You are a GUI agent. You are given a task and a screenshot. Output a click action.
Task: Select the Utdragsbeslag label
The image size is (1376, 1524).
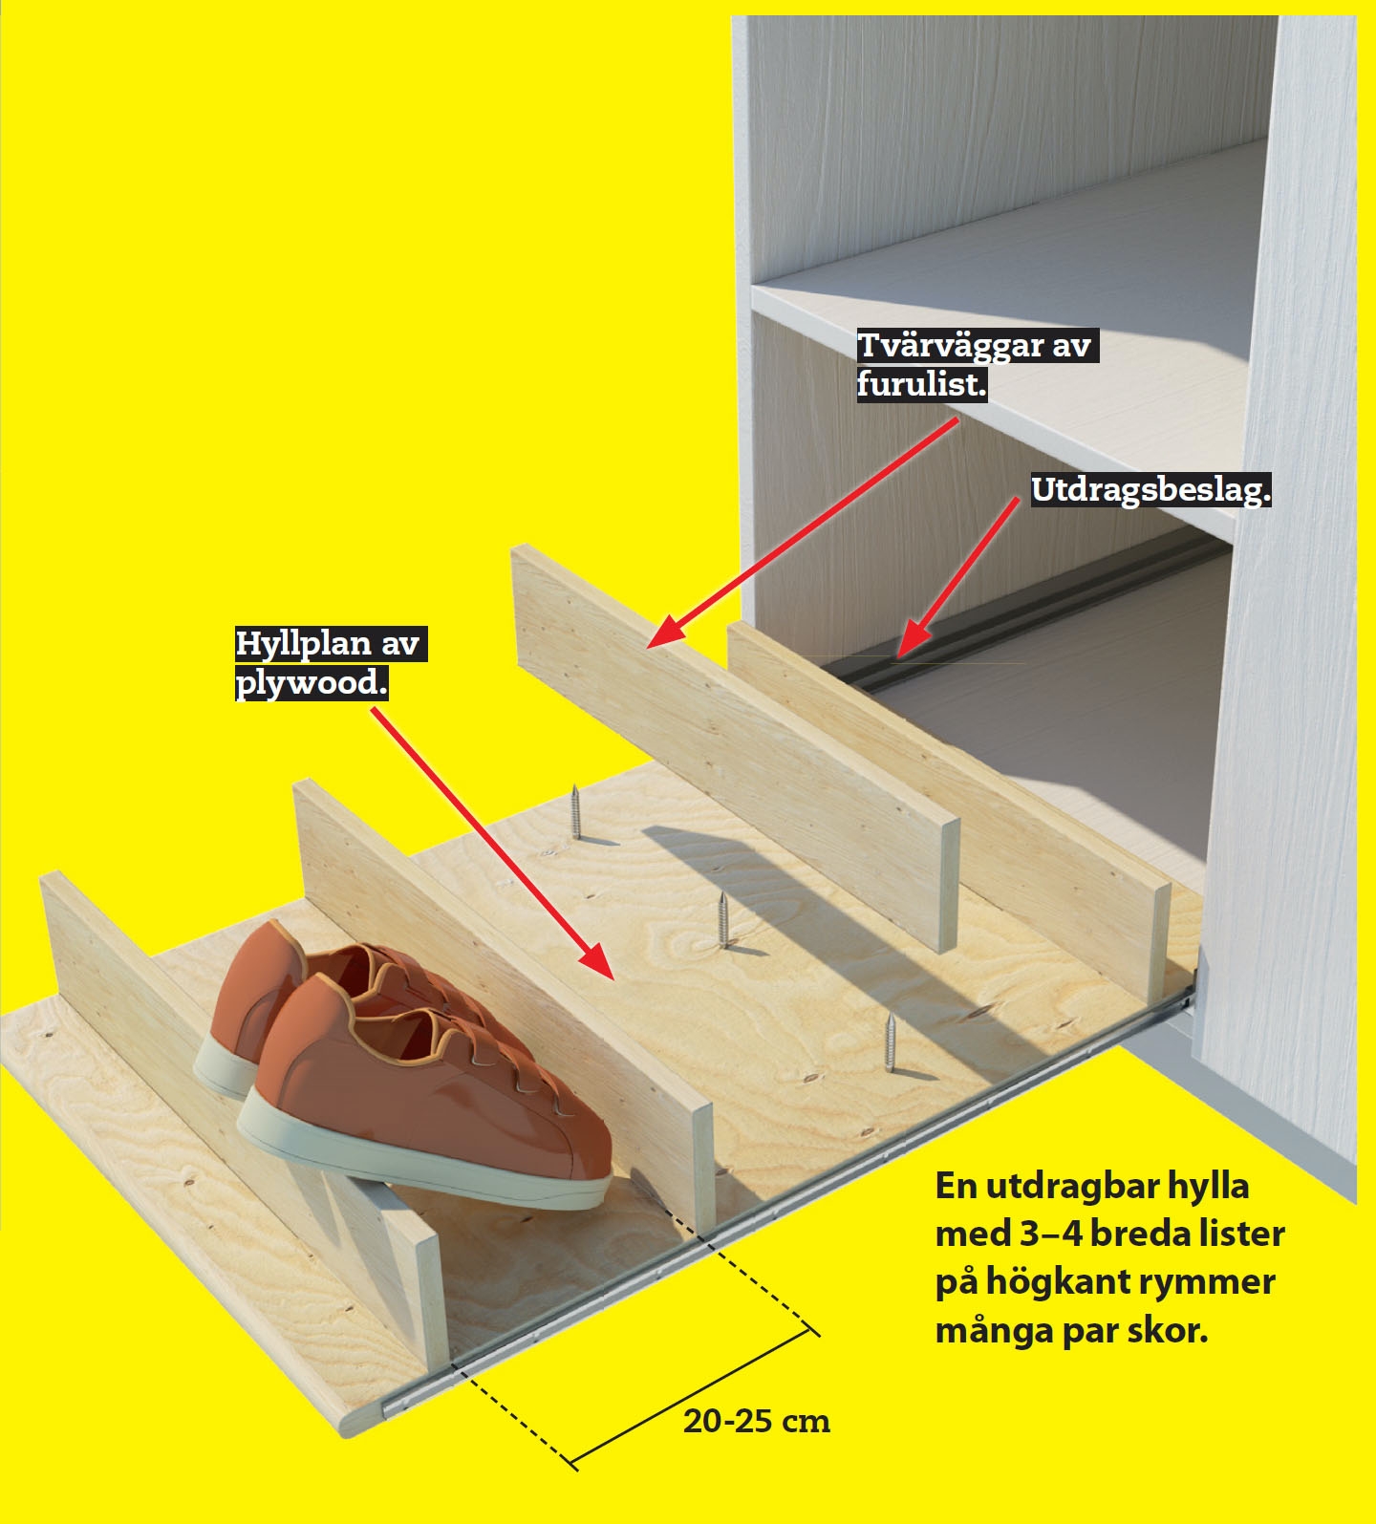tap(1150, 490)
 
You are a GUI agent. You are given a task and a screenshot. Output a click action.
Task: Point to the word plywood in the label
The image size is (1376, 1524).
tap(312, 682)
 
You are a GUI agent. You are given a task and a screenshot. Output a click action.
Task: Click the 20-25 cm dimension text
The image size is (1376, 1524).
tap(757, 1421)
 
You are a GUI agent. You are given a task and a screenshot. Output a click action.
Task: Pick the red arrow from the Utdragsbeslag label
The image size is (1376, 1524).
tap(958, 577)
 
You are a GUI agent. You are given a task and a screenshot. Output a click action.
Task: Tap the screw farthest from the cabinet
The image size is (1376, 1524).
tap(575, 812)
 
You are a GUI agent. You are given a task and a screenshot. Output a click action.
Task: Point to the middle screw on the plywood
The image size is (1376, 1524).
tap(722, 920)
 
